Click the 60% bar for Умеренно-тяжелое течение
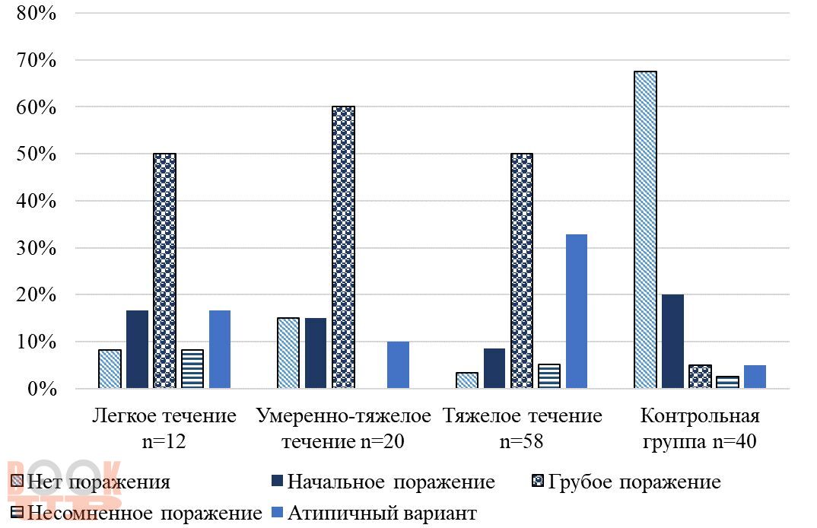click(343, 247)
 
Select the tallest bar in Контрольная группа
click(645, 230)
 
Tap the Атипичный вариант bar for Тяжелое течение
click(577, 311)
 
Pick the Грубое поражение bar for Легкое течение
click(164, 271)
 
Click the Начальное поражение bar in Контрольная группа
click(672, 342)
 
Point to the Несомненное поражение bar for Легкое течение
click(192, 369)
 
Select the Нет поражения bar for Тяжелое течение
click(467, 380)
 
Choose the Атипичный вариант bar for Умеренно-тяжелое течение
click(398, 365)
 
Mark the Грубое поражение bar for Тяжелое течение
click(522, 271)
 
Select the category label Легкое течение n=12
click(164, 428)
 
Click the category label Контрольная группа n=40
click(700, 428)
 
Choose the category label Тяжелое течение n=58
click(522, 428)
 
